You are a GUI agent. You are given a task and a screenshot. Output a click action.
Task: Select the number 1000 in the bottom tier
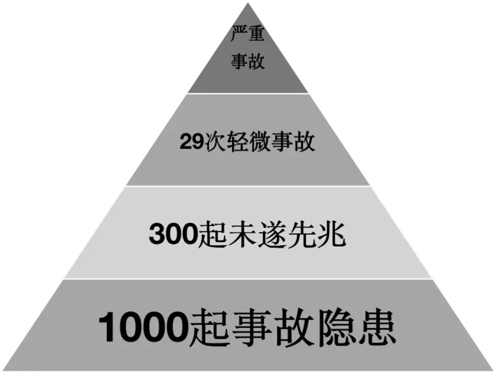click(143, 327)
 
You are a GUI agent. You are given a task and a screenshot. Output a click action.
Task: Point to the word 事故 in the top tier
click(248, 62)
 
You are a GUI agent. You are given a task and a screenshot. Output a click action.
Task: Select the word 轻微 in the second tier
click(252, 141)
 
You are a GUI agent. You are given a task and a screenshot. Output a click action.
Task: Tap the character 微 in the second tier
click(264, 141)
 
